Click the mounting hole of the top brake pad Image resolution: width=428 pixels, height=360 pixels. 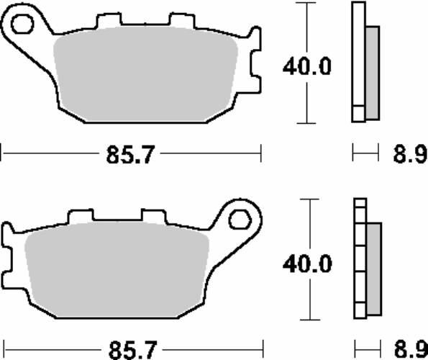22,24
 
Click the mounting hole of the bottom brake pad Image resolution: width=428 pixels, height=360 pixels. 240,220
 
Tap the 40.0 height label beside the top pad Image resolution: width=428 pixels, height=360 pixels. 307,67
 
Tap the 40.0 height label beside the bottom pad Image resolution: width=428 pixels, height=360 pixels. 307,264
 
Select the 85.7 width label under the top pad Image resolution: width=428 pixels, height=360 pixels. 130,155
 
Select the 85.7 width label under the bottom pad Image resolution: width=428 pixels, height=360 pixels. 133,350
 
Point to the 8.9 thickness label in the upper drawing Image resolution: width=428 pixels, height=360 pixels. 410,155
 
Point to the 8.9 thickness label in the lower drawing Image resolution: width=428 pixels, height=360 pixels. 411,350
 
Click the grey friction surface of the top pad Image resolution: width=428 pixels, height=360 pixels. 145,74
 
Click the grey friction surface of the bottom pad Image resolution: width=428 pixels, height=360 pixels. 117,270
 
